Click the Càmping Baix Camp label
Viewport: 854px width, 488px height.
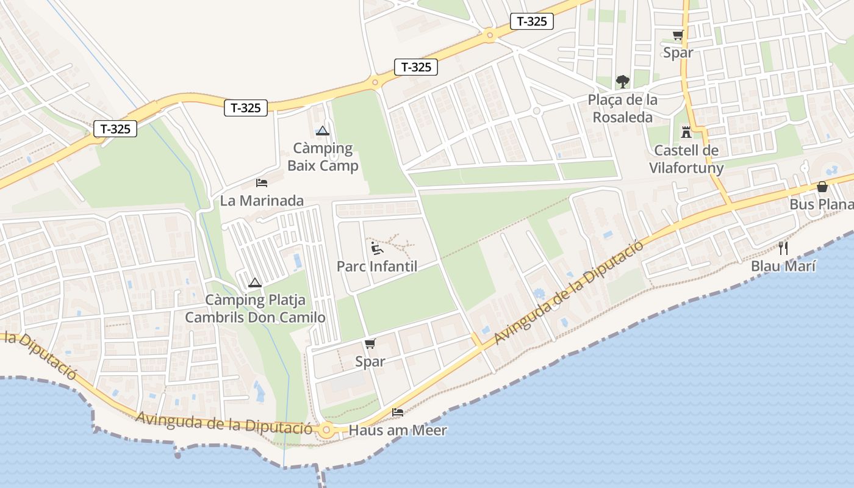[x=323, y=157]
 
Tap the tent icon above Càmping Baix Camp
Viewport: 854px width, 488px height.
[x=323, y=131]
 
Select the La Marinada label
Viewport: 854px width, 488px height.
[x=262, y=201]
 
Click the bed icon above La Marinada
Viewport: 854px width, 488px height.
[x=262, y=183]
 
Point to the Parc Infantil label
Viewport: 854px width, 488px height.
[x=377, y=267]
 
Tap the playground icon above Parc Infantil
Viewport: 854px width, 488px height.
[x=377, y=248]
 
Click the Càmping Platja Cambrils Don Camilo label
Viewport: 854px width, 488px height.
[x=255, y=309]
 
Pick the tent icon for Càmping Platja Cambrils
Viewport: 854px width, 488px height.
[x=255, y=282]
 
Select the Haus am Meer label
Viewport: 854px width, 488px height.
[x=398, y=431]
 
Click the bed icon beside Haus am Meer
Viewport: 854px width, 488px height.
[x=398, y=413]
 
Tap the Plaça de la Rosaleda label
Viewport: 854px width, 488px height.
[x=622, y=109]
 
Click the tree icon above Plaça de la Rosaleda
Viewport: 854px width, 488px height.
[x=622, y=81]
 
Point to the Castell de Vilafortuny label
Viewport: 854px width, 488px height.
[x=686, y=159]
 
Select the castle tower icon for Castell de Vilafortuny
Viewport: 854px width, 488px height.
[x=686, y=132]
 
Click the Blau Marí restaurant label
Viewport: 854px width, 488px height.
[x=783, y=266]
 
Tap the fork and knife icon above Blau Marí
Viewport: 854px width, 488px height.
[x=783, y=248]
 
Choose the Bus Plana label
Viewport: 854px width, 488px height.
[x=821, y=204]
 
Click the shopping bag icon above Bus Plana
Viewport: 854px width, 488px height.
[x=822, y=187]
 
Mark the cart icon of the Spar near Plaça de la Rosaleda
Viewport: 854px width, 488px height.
[x=678, y=35]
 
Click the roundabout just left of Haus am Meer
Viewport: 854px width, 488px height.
[x=327, y=430]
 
